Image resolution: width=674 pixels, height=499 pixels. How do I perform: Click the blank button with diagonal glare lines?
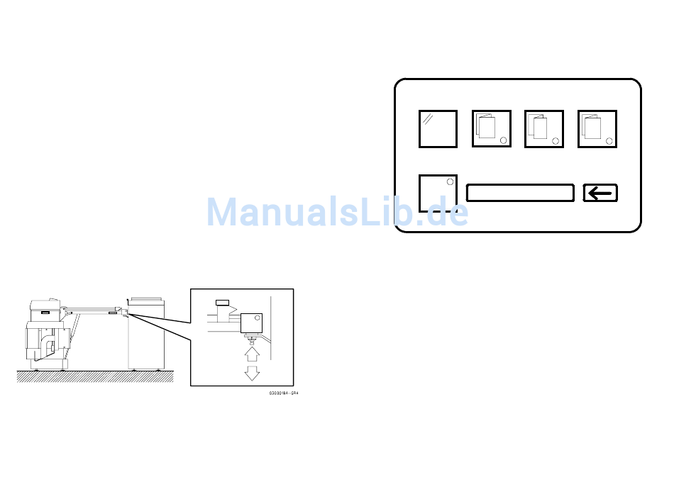438,129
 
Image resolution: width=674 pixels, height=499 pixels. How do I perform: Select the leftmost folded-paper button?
492,129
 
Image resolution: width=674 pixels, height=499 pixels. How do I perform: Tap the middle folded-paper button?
544,129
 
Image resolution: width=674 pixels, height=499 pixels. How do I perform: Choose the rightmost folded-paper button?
597,129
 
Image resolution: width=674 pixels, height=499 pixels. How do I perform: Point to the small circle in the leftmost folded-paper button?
504,140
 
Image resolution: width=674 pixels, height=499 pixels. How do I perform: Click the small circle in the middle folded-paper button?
556,140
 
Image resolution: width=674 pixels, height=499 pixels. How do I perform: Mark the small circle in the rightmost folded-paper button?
609,140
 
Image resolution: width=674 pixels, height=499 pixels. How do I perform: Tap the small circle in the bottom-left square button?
449,182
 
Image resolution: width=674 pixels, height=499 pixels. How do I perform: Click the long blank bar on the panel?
520,193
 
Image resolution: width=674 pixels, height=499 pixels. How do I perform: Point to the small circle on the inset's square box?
258,318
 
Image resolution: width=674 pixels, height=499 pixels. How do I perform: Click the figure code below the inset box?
284,392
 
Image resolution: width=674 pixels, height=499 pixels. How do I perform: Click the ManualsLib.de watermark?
337,212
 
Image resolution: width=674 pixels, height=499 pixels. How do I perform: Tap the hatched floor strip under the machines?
95,376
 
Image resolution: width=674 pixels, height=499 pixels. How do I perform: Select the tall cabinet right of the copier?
146,333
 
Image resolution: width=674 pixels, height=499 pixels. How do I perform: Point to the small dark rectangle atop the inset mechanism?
222,303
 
